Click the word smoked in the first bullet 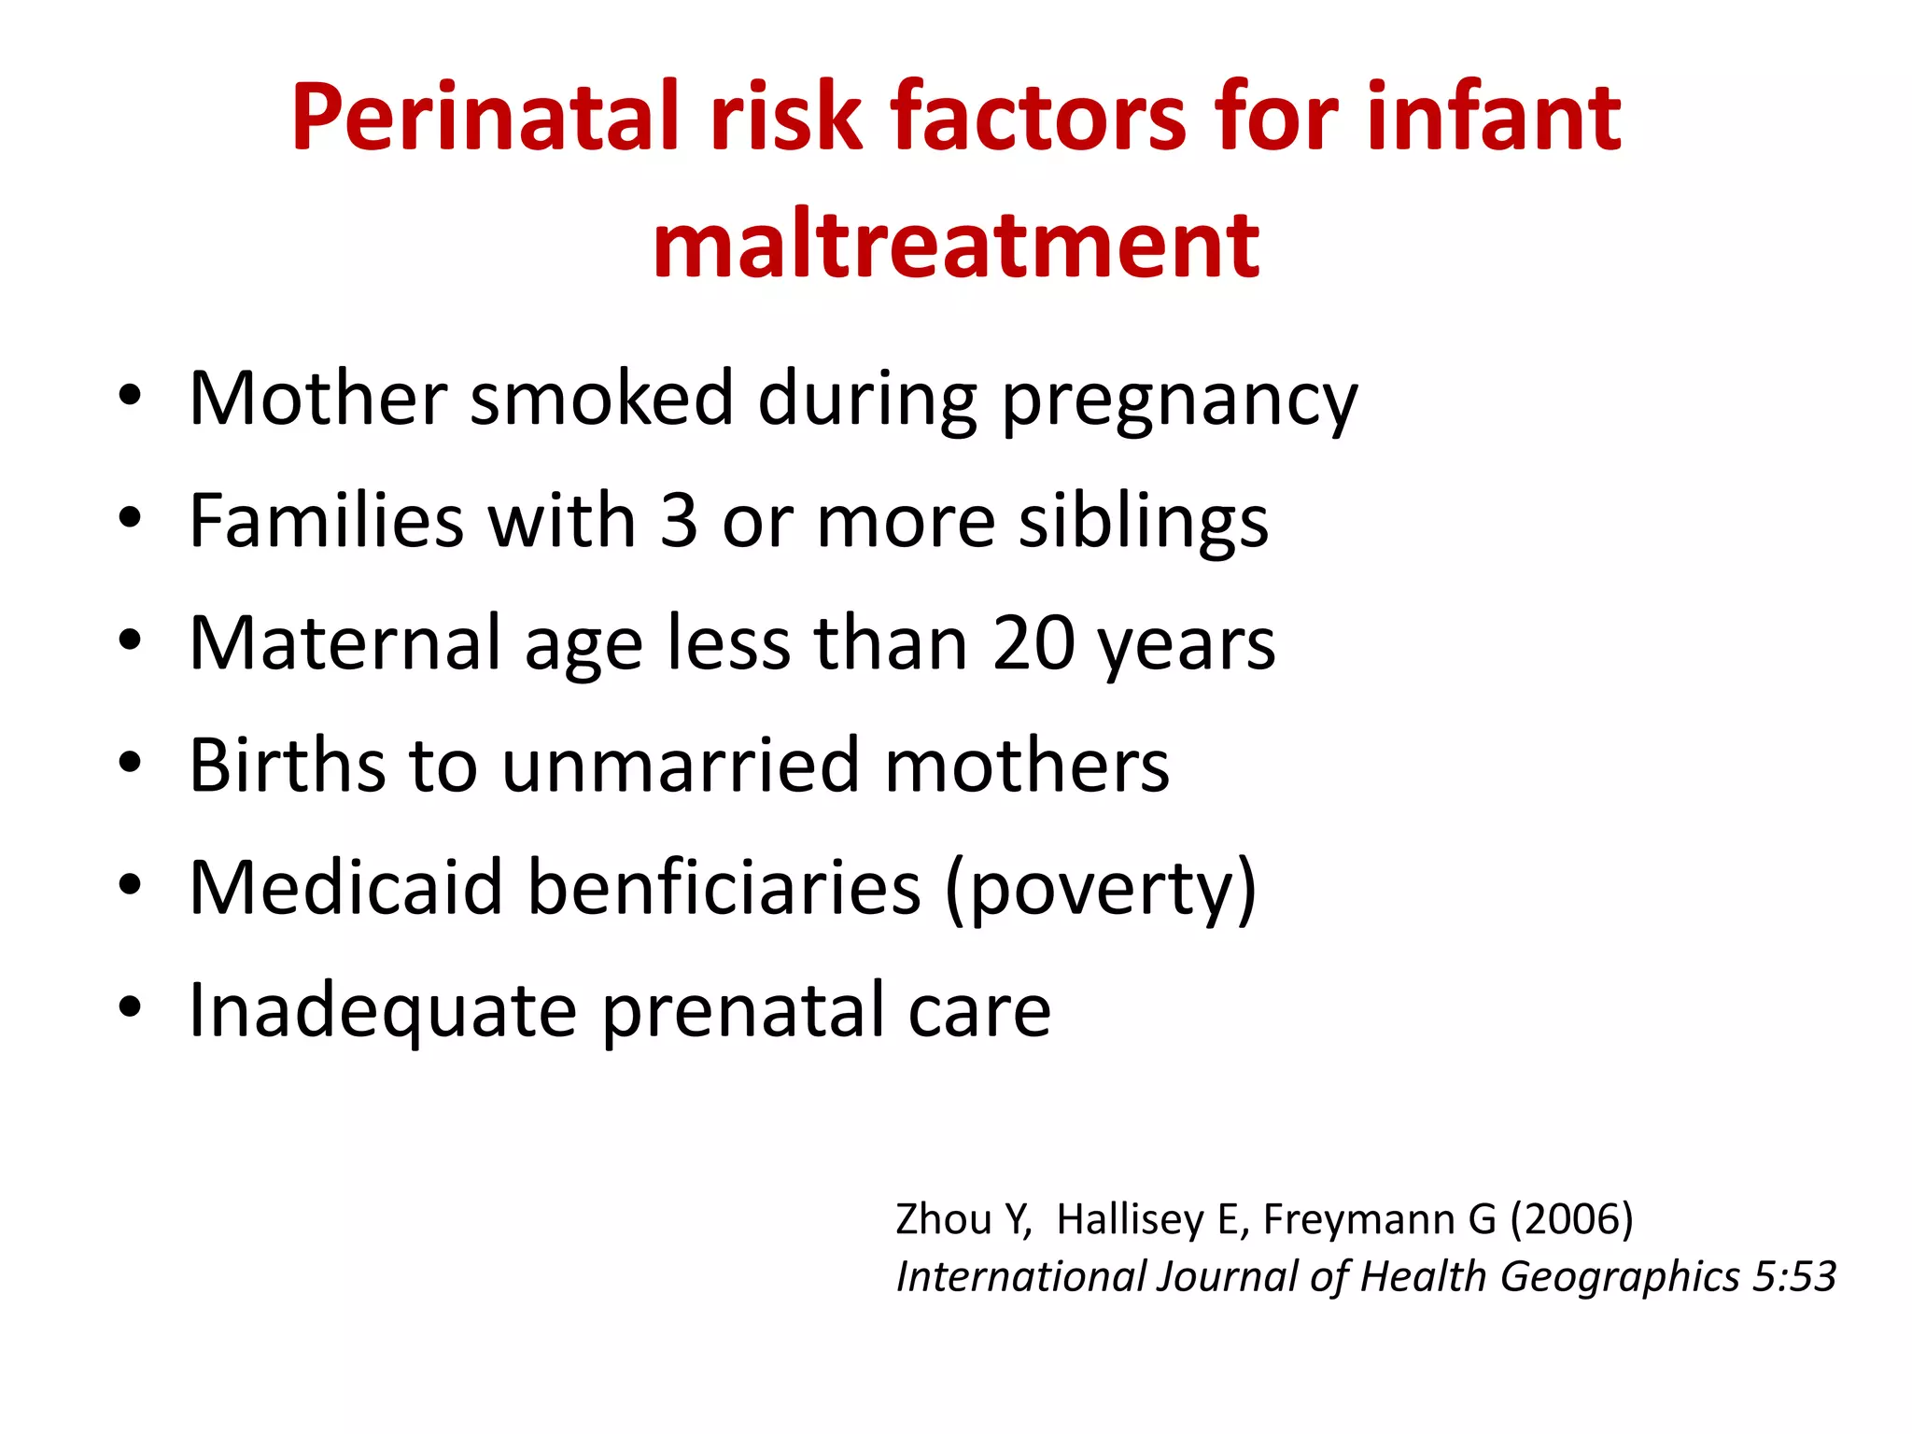click(x=601, y=399)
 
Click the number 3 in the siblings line click(x=679, y=521)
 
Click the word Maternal click(x=345, y=643)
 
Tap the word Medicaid click(x=345, y=888)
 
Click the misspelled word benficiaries click(x=724, y=888)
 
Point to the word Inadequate click(x=383, y=1011)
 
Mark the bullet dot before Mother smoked click(x=130, y=397)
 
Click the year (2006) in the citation click(x=1571, y=1219)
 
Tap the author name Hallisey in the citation click(x=1130, y=1219)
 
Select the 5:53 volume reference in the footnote click(x=1793, y=1276)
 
